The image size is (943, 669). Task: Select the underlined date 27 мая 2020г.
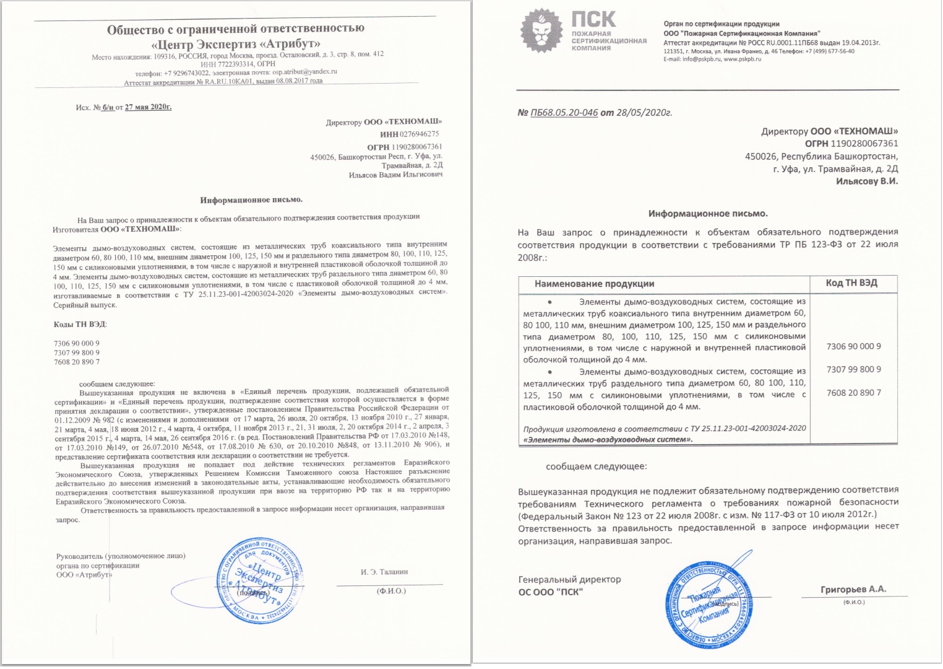(x=148, y=107)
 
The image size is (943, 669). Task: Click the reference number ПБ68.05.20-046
(x=564, y=113)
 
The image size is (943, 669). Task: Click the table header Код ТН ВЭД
(x=851, y=283)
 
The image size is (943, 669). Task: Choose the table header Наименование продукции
(x=594, y=284)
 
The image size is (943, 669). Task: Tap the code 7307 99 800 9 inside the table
(x=853, y=370)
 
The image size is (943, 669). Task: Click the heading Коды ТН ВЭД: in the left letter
(x=80, y=325)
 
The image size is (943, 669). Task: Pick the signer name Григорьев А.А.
(x=853, y=590)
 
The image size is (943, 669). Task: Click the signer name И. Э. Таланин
(x=384, y=572)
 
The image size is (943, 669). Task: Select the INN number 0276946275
(x=420, y=134)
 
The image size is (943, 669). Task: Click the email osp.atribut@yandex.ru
(x=304, y=72)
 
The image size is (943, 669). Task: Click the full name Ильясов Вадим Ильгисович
(x=395, y=175)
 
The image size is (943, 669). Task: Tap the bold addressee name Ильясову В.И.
(x=866, y=181)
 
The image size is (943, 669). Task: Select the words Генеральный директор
(x=569, y=580)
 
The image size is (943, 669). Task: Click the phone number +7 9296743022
(x=186, y=72)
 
